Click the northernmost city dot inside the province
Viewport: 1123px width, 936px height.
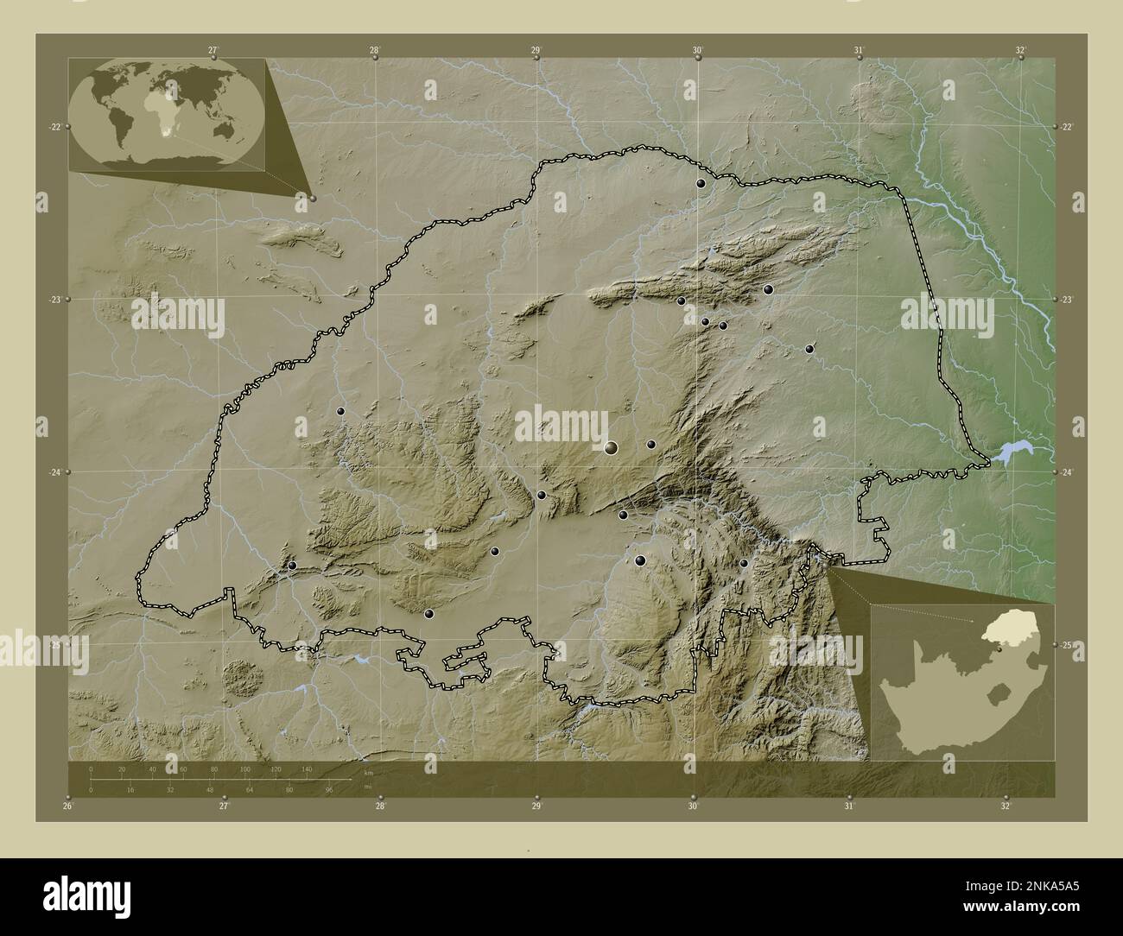[701, 183]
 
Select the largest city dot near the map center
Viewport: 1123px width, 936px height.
[612, 447]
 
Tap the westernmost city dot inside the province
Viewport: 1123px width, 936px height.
[292, 566]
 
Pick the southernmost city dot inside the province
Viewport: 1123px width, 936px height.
[428, 614]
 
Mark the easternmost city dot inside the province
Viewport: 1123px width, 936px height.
[809, 349]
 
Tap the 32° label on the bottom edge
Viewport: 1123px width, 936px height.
[1006, 806]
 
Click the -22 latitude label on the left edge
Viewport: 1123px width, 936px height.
[54, 126]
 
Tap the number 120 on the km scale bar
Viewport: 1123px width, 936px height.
[276, 768]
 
